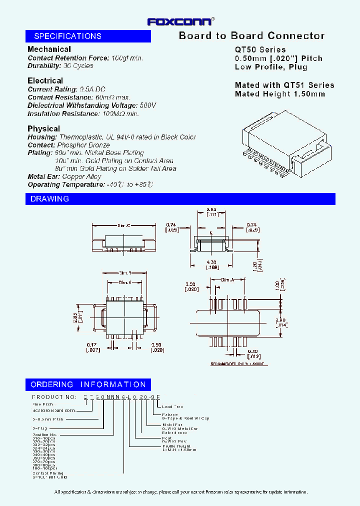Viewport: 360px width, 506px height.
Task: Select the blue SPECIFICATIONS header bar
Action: pos(88,36)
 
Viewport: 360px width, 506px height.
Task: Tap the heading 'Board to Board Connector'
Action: pos(251,35)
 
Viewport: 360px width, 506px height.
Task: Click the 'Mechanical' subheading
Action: pos(49,49)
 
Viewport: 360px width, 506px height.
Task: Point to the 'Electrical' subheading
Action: pos(45,80)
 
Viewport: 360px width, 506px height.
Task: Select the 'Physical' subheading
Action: pos(43,128)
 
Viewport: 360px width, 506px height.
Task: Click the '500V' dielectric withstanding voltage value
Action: pos(148,105)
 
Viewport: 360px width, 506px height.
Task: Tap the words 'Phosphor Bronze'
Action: pos(86,145)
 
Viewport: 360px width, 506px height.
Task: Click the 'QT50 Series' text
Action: pos(260,49)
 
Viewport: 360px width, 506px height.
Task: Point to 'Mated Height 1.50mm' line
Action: pos(279,93)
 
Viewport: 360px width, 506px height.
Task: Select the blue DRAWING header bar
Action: pos(180,199)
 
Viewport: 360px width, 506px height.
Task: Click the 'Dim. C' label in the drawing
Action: pos(123,225)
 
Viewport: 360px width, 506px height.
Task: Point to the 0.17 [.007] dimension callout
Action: pos(93,347)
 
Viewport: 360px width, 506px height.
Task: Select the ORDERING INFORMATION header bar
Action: pos(88,384)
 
